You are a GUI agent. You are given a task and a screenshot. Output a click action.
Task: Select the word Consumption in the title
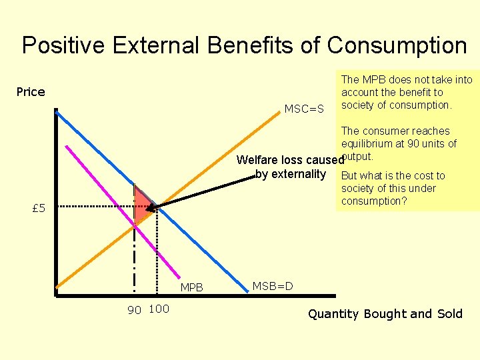pos(397,45)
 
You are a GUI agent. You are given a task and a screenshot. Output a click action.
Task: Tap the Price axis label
pos(31,92)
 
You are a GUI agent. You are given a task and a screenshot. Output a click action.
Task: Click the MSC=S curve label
pos(304,109)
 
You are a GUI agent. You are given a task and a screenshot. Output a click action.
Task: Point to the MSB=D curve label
pos(272,287)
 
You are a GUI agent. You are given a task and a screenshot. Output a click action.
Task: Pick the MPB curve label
pos(192,288)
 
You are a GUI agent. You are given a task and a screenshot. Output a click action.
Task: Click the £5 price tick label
pos(39,209)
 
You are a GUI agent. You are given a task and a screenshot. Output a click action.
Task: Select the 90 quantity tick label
pos(135,310)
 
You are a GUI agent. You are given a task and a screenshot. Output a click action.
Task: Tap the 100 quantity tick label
pos(159,309)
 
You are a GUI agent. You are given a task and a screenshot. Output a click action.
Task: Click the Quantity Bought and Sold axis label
pos(385,314)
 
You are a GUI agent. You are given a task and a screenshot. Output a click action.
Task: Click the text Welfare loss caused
pos(288,160)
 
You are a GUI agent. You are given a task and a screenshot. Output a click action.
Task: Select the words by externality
pos(290,175)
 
